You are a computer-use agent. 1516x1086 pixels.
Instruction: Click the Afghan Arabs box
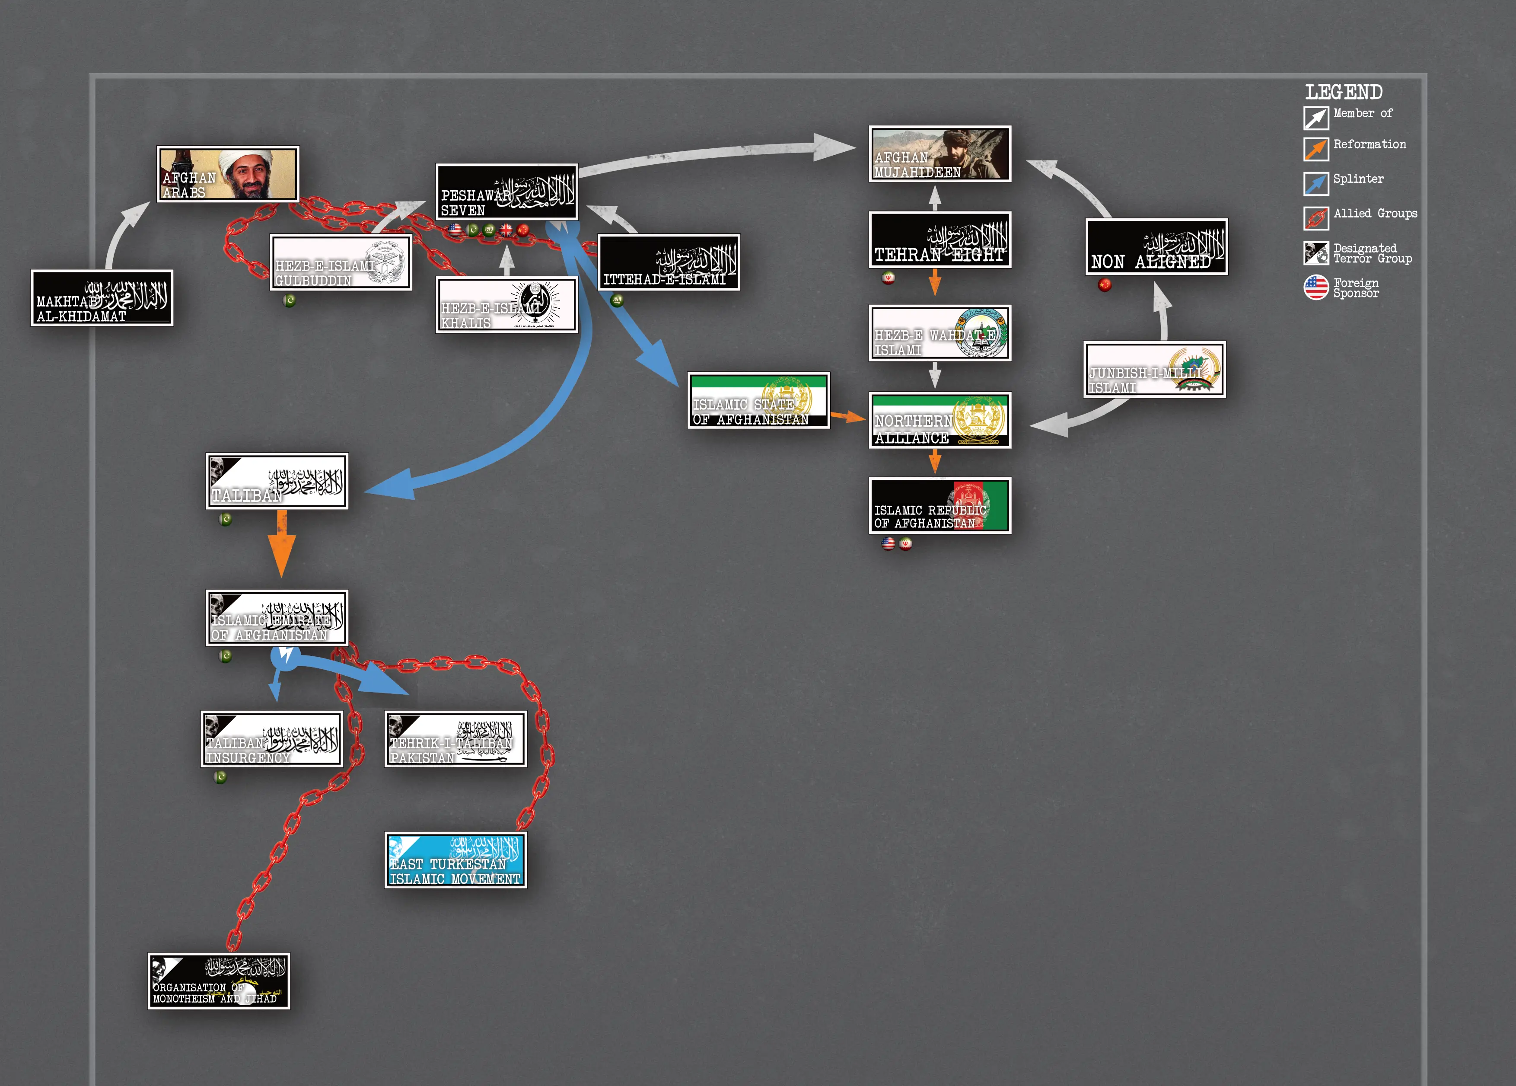coord(227,174)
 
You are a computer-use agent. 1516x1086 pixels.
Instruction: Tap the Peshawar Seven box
coord(506,192)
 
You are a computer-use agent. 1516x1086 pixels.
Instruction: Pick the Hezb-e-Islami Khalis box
coord(506,305)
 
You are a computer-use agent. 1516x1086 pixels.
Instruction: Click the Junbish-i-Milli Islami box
coord(1154,370)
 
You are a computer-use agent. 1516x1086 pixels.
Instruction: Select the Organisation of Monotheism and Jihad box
coord(219,981)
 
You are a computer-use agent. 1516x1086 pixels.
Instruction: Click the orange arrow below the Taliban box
coord(281,543)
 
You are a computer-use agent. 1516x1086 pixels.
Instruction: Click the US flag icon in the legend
coord(1315,287)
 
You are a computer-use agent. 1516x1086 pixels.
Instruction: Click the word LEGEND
coord(1344,92)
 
